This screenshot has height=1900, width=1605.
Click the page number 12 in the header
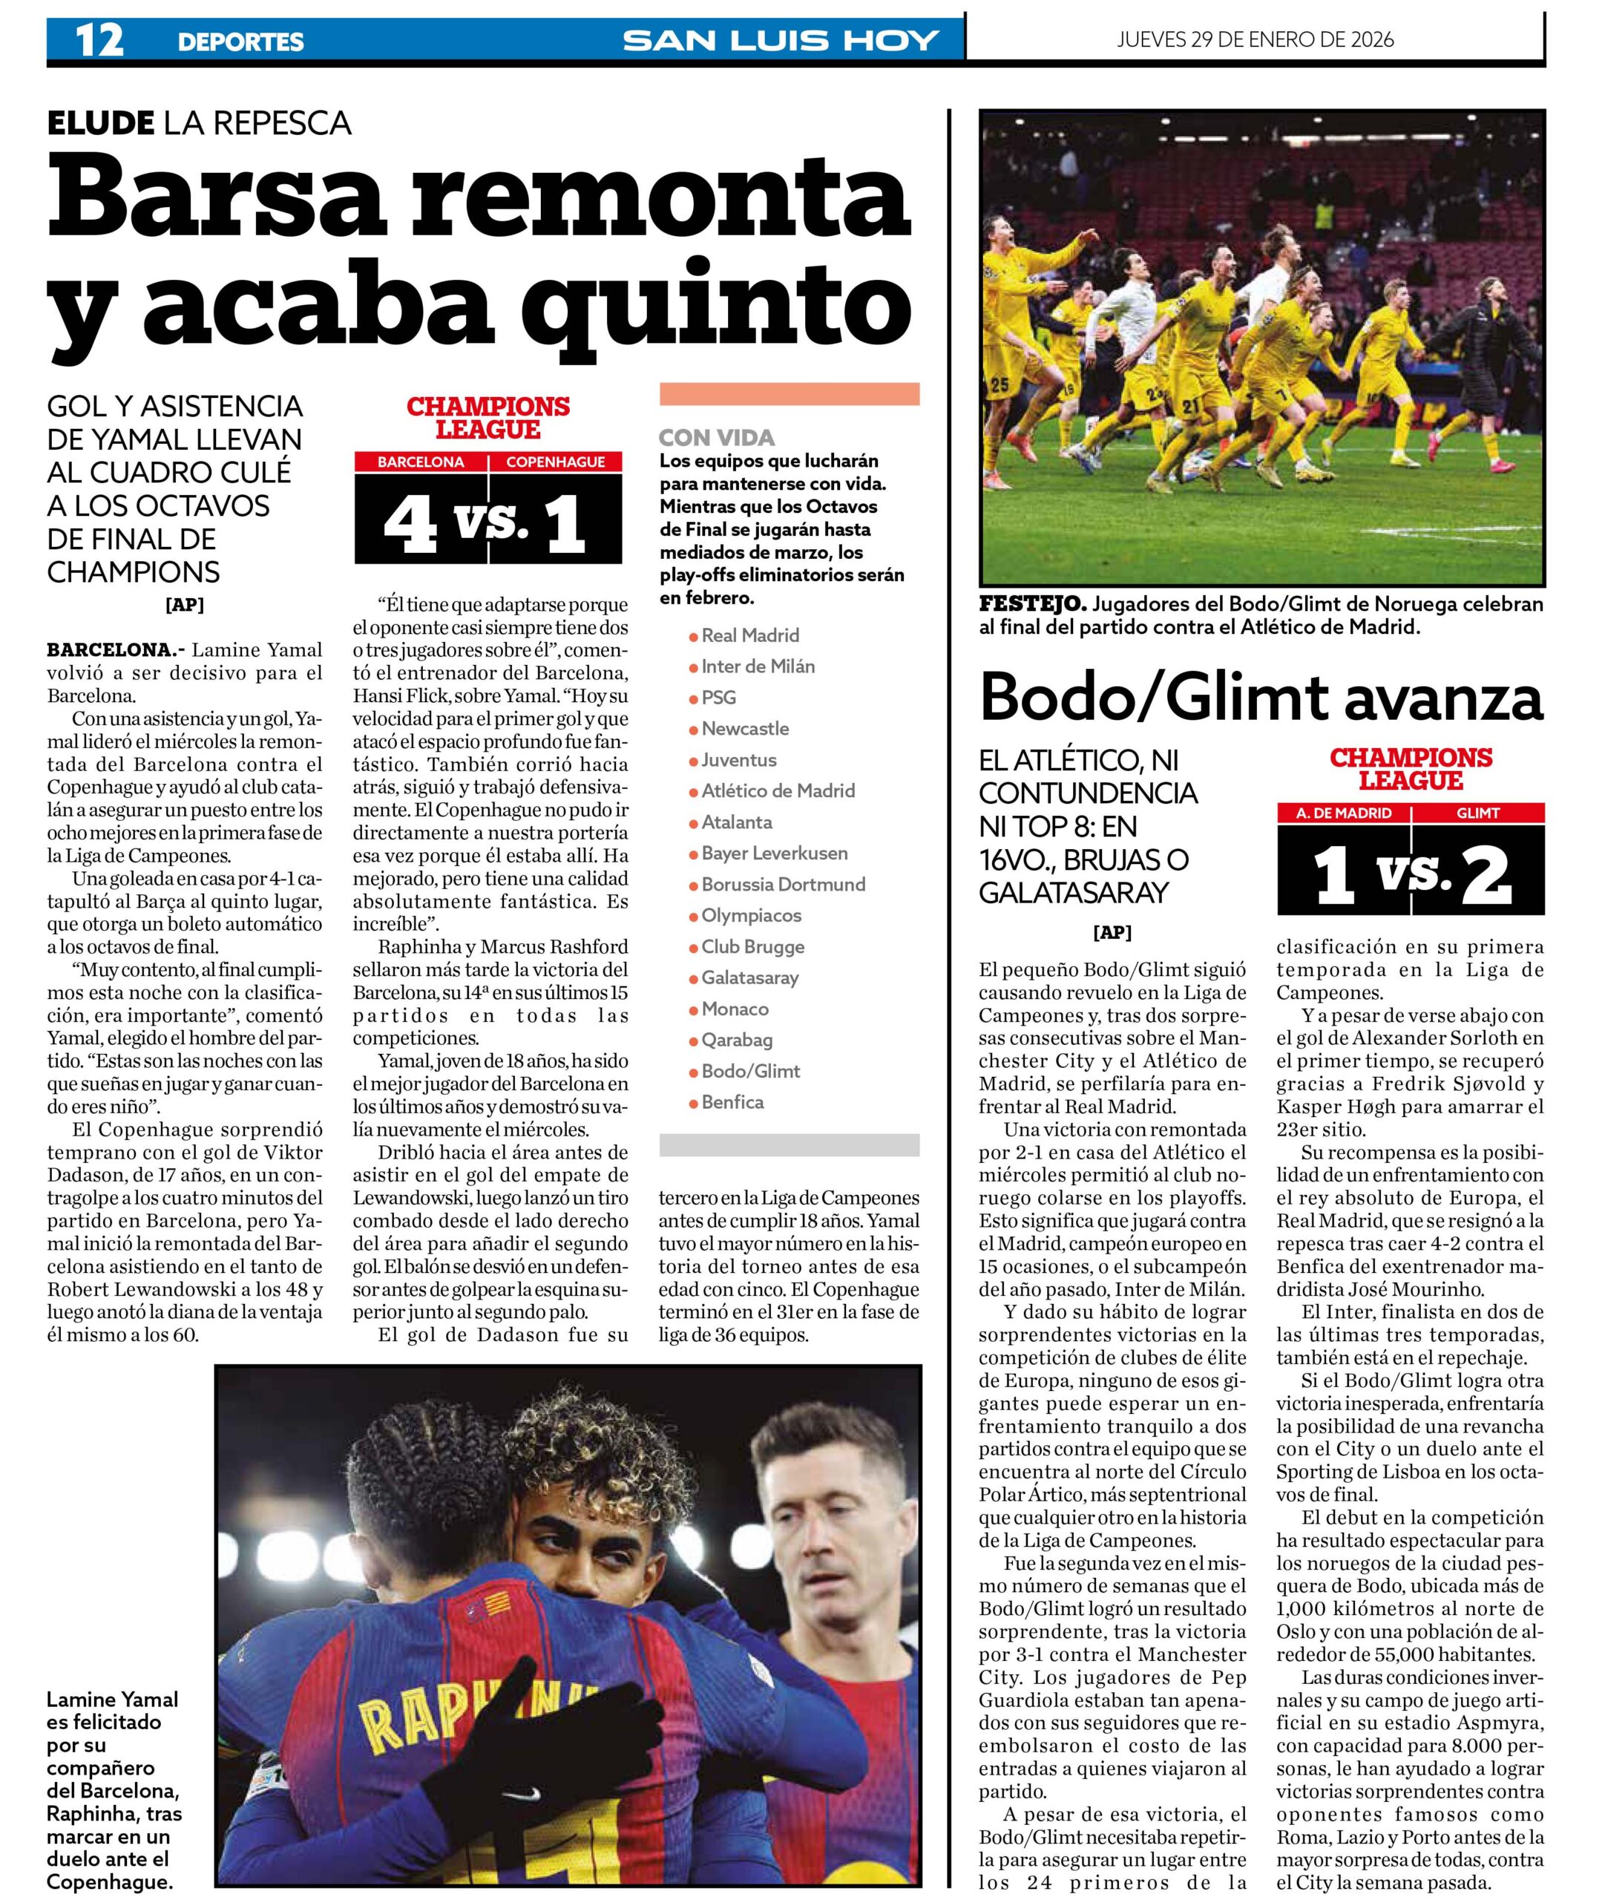tap(99, 41)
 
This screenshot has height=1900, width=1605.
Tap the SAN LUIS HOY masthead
tap(780, 41)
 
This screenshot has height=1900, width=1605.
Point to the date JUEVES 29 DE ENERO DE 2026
tap(1255, 40)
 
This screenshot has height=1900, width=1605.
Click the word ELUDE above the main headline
tap(100, 122)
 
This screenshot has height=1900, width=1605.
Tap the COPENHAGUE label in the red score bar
tap(555, 462)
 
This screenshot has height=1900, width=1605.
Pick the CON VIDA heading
tap(716, 438)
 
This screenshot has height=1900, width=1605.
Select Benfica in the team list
tap(732, 1102)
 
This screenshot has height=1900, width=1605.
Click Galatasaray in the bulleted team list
tap(749, 977)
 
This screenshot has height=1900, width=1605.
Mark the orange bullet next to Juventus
tap(693, 761)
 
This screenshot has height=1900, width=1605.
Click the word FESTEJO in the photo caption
tap(1031, 604)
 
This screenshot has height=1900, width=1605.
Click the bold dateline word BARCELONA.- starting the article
tap(116, 649)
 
